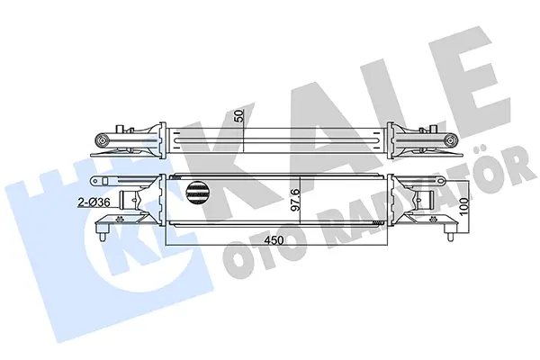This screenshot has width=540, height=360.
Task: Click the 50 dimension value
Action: [239, 116]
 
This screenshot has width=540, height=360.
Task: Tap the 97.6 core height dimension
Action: [296, 200]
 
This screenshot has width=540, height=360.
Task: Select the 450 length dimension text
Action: [274, 240]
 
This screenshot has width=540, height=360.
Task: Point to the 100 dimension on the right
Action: [463, 206]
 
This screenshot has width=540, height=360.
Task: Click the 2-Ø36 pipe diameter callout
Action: [94, 202]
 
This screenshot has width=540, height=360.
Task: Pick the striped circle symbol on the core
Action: [197, 193]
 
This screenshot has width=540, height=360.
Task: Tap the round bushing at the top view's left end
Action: [103, 140]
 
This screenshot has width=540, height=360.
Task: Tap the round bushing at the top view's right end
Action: [451, 140]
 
